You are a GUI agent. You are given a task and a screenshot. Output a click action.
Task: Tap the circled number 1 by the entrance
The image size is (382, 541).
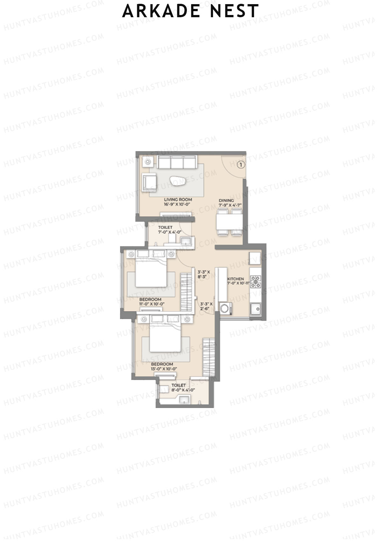click(x=241, y=165)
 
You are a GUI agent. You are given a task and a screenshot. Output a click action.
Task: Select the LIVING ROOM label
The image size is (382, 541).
click(x=178, y=200)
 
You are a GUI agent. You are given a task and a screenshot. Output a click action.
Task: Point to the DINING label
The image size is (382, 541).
click(x=226, y=201)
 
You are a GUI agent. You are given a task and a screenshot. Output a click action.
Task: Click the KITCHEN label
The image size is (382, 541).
click(x=236, y=279)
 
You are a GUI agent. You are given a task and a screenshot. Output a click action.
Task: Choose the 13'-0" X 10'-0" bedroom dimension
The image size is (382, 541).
click(x=164, y=369)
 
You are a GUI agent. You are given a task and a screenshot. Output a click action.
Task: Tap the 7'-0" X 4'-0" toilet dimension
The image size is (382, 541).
click(x=170, y=232)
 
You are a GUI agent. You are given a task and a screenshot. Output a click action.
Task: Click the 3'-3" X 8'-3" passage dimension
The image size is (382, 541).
click(x=204, y=274)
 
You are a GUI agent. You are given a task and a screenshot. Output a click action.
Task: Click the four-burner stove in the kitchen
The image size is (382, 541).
click(x=256, y=282)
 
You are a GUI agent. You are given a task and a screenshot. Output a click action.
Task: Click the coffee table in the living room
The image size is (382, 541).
click(x=178, y=181)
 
